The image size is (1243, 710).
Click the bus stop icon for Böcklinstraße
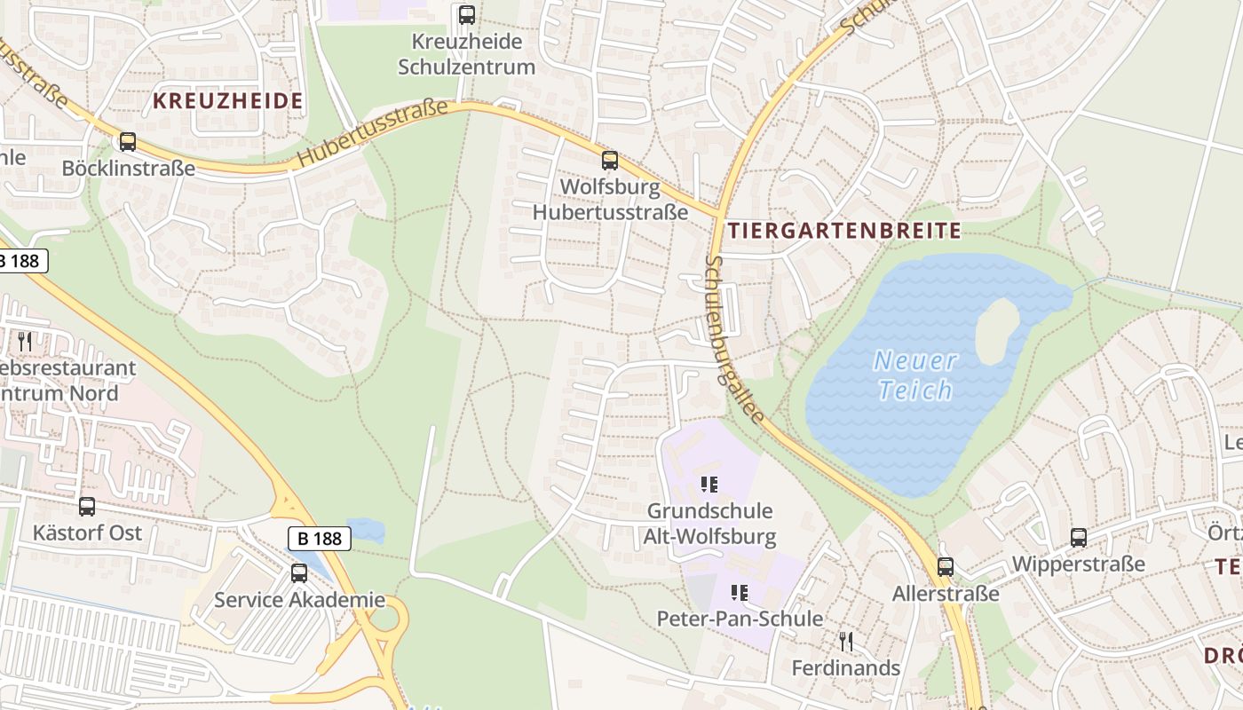click(128, 142)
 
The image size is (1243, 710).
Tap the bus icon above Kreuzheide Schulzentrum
click(467, 15)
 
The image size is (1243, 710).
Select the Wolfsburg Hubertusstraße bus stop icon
click(610, 161)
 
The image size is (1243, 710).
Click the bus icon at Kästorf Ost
click(87, 507)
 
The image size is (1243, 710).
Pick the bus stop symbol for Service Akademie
click(299, 573)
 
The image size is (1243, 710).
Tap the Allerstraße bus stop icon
click(946, 567)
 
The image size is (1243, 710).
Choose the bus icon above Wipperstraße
click(1079, 538)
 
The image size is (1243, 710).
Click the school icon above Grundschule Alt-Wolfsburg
click(709, 485)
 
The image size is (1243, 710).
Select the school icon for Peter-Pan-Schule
click(739, 592)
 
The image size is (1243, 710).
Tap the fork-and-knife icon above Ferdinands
click(845, 641)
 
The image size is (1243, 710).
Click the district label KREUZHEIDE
click(228, 101)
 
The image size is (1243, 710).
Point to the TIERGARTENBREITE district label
click(844, 232)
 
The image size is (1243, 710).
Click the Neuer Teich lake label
click(914, 375)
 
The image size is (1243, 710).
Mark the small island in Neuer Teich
click(997, 330)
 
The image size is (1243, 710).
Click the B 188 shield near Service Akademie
click(320, 538)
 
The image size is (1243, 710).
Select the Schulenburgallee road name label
click(734, 339)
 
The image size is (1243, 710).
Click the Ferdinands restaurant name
click(845, 668)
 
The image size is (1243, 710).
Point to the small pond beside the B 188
click(367, 530)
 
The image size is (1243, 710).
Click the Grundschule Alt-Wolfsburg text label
click(709, 524)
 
